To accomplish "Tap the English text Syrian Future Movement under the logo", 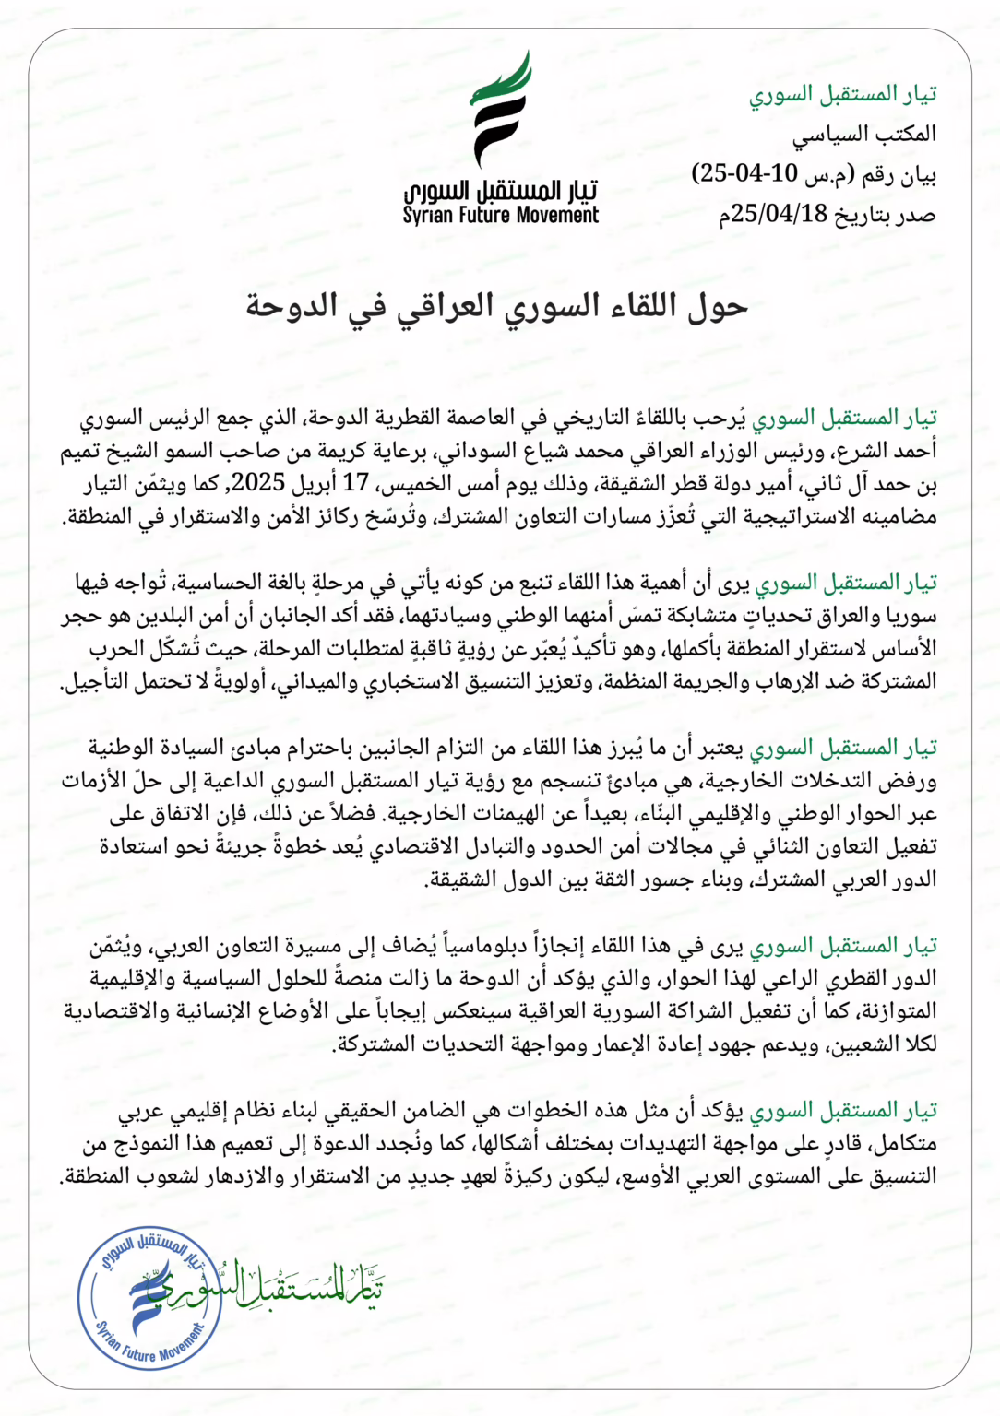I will click(x=500, y=216).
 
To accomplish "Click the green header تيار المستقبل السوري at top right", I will click(x=842, y=94).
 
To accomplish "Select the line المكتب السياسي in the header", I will click(x=864, y=135).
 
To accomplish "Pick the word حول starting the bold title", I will click(x=718, y=306).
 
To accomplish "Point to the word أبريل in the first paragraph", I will click(x=317, y=482).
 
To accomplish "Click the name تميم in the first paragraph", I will click(x=83, y=451).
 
